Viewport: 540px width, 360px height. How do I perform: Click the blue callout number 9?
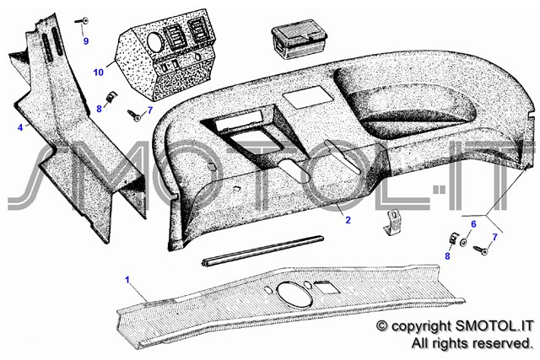coord(86,41)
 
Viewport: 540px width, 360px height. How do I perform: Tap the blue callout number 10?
coord(98,73)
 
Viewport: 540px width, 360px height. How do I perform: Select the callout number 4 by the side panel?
coord(20,127)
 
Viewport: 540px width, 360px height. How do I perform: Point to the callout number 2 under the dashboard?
coord(348,219)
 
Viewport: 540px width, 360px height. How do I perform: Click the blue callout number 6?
coord(473,224)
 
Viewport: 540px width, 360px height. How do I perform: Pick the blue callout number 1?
coord(127,279)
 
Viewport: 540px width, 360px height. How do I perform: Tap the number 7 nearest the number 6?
coord(495,237)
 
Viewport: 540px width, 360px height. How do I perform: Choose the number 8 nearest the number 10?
coord(100,109)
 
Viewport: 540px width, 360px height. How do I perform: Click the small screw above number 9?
coord(82,20)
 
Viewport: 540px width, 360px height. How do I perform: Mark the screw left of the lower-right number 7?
coord(481,250)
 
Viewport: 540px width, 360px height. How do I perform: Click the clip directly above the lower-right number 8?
coord(454,238)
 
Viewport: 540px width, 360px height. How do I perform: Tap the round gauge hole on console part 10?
coord(154,43)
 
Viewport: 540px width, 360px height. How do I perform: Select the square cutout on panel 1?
coord(327,287)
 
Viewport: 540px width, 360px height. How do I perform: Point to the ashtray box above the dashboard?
coord(299,39)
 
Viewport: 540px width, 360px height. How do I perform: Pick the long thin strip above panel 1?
coord(262,250)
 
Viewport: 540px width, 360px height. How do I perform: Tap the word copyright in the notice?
coord(421,325)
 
